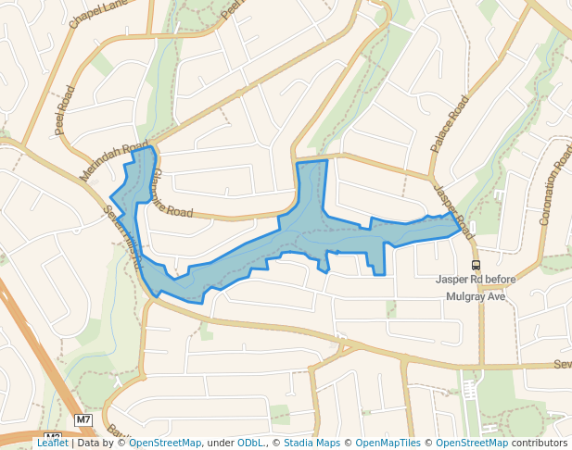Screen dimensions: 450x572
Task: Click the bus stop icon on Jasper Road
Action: click(x=476, y=264)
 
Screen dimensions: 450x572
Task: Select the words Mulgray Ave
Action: click(x=475, y=296)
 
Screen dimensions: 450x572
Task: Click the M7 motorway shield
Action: click(x=83, y=419)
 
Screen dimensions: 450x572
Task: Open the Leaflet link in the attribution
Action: click(x=52, y=443)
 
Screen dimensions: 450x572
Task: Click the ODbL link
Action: click(x=250, y=443)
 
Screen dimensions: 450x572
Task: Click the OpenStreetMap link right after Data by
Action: click(x=164, y=443)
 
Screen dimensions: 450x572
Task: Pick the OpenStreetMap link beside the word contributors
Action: click(x=471, y=443)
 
